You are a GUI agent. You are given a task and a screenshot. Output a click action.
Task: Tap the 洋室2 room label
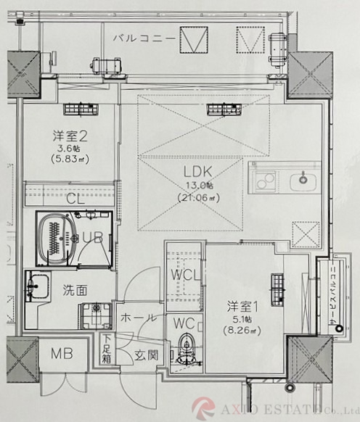(x=70, y=134)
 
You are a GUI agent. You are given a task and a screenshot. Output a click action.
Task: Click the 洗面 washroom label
(x=75, y=290)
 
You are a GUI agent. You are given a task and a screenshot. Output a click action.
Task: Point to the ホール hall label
(x=135, y=317)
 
